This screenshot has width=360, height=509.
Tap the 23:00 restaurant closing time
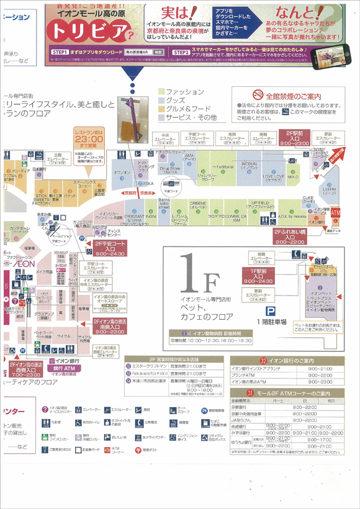(x=91, y=140)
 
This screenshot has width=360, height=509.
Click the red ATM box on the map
(x=336, y=213)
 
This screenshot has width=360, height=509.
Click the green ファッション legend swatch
(x=160, y=92)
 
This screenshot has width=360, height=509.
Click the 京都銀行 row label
(x=243, y=407)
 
